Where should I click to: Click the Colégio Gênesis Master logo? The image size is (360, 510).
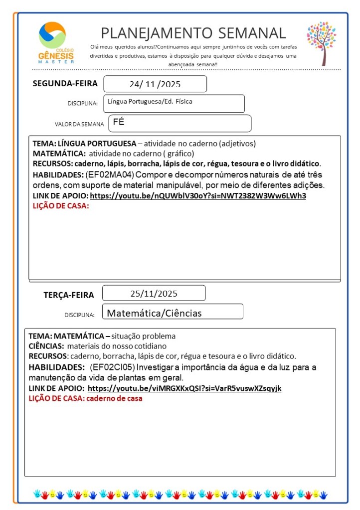55,43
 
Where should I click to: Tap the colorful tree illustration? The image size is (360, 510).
321,43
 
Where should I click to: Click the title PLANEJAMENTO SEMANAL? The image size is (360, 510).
193,33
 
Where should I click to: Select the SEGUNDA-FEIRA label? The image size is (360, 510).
65,83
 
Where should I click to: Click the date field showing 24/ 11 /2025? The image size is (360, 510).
155,84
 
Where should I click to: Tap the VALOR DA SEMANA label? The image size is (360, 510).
79,124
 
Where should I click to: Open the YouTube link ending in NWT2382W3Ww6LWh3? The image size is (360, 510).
198,195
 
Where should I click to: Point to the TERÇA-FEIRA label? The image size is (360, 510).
68,295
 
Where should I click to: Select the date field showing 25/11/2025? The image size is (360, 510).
154,293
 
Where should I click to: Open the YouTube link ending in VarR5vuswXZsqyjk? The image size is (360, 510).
184,388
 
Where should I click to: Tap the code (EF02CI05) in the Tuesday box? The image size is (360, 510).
112,367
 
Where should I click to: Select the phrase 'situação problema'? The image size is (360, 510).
144,336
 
